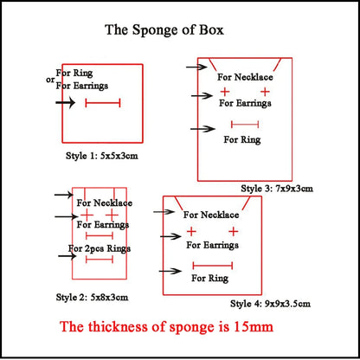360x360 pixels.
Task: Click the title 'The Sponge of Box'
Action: (164, 30)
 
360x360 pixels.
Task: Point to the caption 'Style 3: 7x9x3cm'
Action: (277, 189)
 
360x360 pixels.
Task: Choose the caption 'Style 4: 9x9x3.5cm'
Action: (269, 304)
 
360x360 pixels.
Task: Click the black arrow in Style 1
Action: (66, 102)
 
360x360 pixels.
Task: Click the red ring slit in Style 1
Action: (103, 103)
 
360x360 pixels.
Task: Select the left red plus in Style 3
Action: (225, 91)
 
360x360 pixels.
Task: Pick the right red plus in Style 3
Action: (265, 91)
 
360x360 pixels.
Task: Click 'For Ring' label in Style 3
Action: (242, 139)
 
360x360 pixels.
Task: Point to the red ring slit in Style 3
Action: (245, 125)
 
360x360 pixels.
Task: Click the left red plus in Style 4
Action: (191, 232)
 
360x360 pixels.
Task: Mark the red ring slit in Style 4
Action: (212, 265)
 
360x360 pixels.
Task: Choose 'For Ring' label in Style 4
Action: (209, 278)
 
